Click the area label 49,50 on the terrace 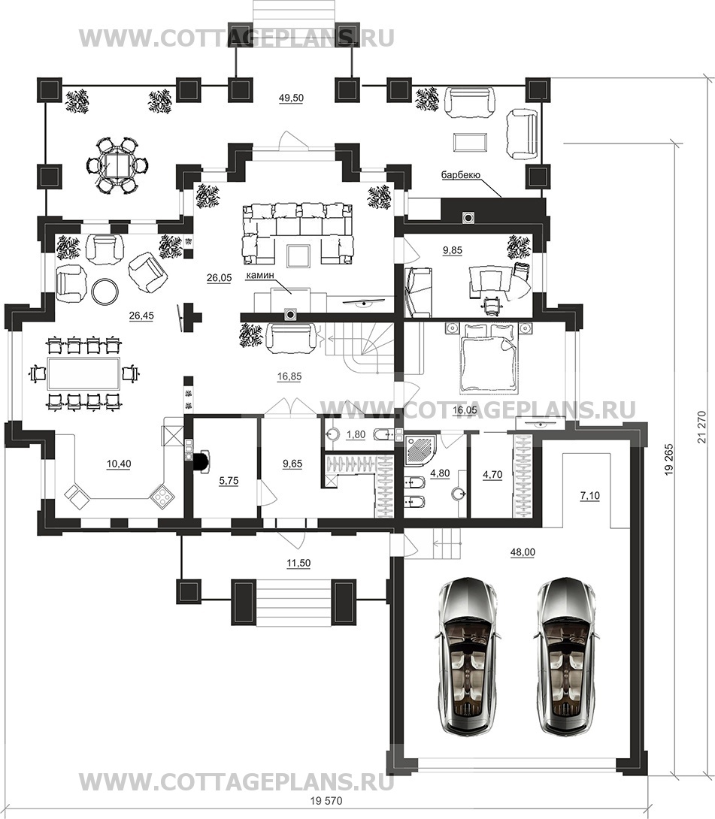(291, 98)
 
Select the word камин (260, 274)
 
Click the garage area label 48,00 (522, 552)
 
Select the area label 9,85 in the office (452, 251)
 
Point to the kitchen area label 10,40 (119, 464)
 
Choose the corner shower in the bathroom (422, 450)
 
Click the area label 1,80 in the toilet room (356, 434)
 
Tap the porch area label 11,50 (298, 563)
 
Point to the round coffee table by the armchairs (105, 291)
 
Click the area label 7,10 (589, 496)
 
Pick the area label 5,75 (229, 481)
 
